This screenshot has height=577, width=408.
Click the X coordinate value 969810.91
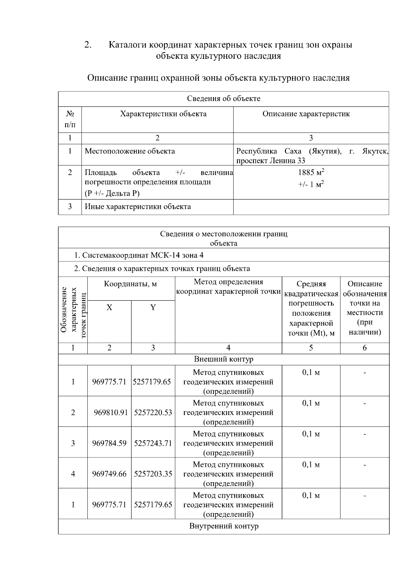[x=111, y=413]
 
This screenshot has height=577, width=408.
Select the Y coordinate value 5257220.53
[x=153, y=413]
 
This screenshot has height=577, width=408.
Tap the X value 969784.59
[x=109, y=443]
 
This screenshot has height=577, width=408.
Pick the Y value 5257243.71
[x=153, y=443]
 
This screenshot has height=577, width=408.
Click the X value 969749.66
[x=109, y=474]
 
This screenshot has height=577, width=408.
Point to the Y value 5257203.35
[x=153, y=474]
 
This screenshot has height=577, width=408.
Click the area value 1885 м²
[x=311, y=172]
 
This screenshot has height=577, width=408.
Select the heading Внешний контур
[x=223, y=359]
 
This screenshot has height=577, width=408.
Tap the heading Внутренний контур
[x=223, y=526]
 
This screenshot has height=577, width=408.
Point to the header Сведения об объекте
[x=223, y=99]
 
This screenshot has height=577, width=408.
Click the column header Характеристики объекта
[x=163, y=114]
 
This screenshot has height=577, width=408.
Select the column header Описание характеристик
[x=306, y=114]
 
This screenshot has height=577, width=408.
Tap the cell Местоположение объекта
[x=130, y=151]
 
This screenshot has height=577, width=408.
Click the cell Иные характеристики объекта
[x=138, y=207]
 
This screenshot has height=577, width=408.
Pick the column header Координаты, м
[x=131, y=284]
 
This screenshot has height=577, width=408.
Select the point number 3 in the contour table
[x=73, y=443]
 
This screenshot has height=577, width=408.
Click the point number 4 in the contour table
[x=73, y=474]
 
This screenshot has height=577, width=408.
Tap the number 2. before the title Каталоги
[x=88, y=45]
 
